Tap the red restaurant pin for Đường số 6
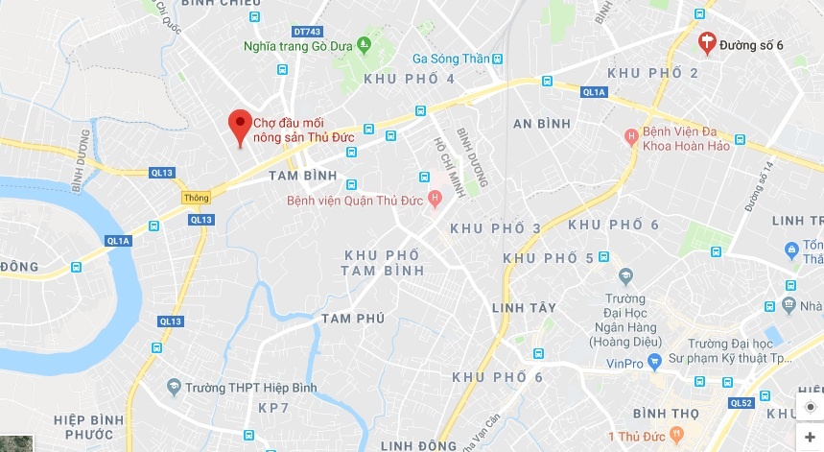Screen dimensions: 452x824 click(707, 41)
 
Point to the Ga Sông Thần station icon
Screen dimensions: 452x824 click(497, 58)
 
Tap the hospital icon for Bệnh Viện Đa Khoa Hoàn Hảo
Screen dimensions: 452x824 click(630, 136)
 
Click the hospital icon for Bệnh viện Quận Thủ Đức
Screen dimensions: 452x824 click(436, 200)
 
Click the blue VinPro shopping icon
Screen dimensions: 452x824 click(653, 363)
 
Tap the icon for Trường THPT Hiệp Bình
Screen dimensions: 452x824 click(173, 388)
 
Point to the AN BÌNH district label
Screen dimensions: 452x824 click(542, 123)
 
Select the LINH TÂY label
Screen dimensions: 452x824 click(524, 307)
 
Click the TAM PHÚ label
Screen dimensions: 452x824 click(353, 318)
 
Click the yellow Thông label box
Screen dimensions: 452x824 click(196, 197)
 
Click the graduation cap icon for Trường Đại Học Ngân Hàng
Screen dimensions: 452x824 click(625, 276)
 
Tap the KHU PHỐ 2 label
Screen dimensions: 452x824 click(653, 73)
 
